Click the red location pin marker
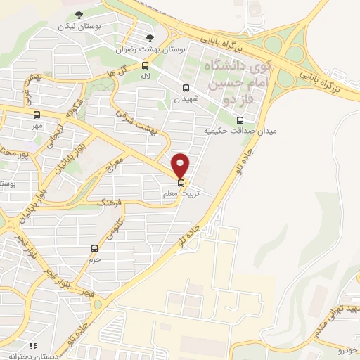[x=181, y=165]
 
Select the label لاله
[x=146, y=75]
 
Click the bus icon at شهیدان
[x=186, y=89]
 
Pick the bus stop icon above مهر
[x=37, y=115]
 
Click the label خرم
[x=95, y=258]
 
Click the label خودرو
[x=347, y=349]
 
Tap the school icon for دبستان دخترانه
[x=32, y=346]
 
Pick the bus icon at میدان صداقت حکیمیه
[x=240, y=120]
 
